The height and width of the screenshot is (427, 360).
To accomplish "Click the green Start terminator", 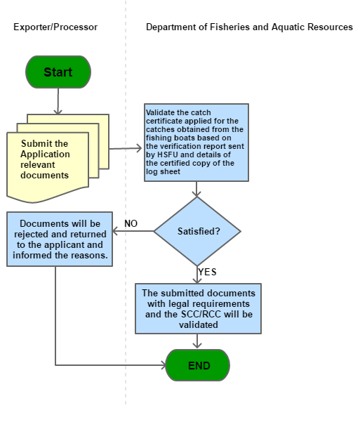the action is [58, 72].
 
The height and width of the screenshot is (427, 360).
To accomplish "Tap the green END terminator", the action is [198, 365].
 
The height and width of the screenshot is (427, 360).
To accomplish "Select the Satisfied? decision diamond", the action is [197, 231].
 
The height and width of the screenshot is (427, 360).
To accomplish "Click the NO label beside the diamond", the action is [131, 223].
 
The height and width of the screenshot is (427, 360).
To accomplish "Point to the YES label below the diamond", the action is [207, 272].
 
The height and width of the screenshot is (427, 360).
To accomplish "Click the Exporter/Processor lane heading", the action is [55, 27].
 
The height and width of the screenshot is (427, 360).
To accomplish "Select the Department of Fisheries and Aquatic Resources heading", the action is [249, 27].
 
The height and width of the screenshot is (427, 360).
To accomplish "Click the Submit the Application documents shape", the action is [58, 159].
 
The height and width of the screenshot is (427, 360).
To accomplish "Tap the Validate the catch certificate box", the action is [196, 143].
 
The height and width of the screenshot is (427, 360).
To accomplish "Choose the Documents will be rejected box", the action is [60, 239].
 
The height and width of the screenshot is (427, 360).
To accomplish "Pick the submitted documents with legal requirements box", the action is [199, 308].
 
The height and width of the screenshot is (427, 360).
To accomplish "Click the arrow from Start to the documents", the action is [58, 101].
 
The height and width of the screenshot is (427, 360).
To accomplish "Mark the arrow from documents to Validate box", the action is [126, 148].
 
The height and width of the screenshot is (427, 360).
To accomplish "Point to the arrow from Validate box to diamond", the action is [196, 189].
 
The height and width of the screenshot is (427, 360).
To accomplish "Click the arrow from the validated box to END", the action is [197, 341].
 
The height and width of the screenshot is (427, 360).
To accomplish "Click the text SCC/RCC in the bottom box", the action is [201, 314].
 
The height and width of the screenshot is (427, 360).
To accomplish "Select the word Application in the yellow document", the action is [45, 154].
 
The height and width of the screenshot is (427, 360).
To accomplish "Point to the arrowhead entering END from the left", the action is [164, 365].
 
